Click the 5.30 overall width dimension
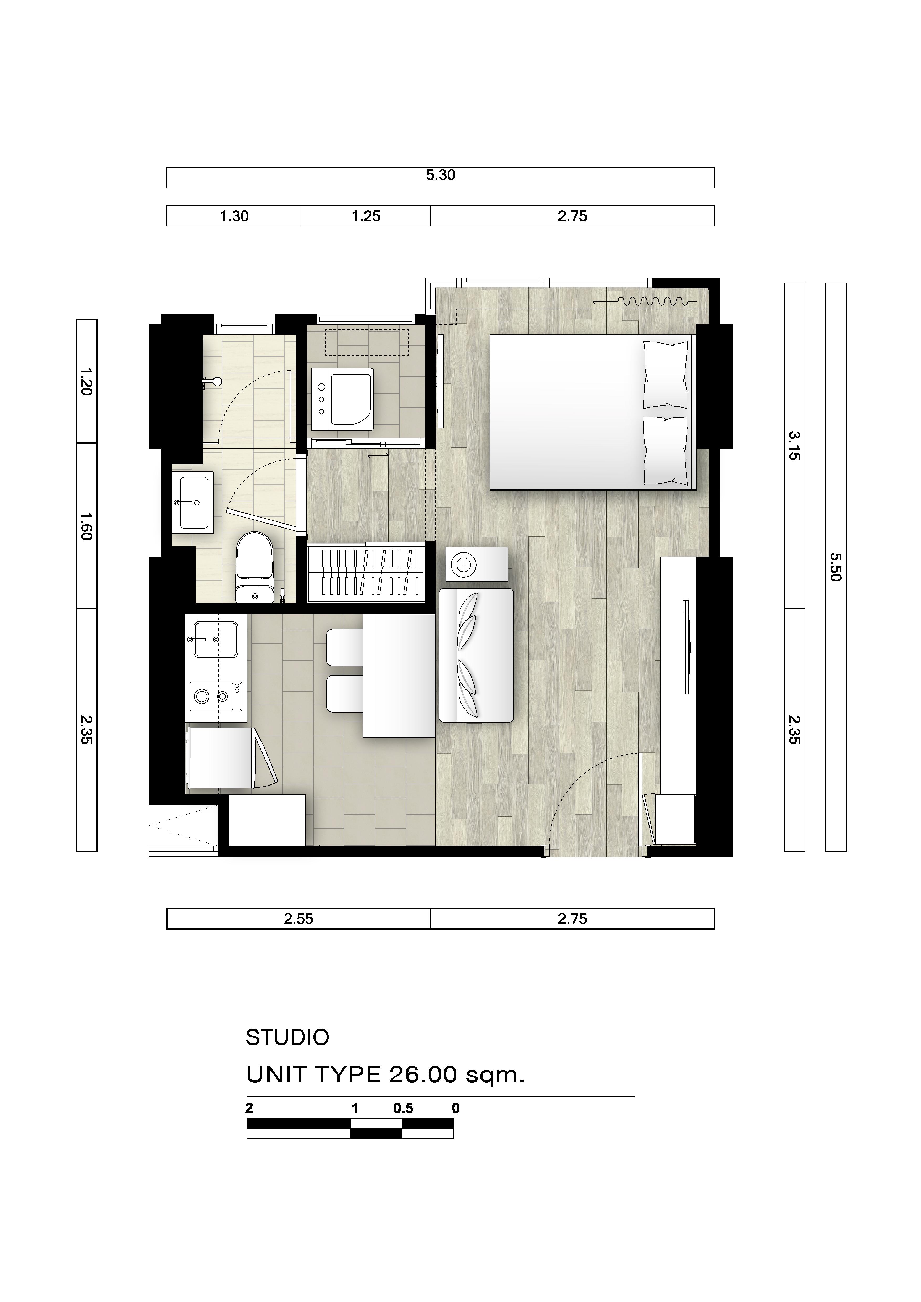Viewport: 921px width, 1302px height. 441,175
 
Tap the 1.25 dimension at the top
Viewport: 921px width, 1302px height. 366,216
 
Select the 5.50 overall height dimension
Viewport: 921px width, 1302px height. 835,567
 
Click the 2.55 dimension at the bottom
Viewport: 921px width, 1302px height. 298,919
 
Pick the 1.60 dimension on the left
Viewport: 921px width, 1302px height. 86,526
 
